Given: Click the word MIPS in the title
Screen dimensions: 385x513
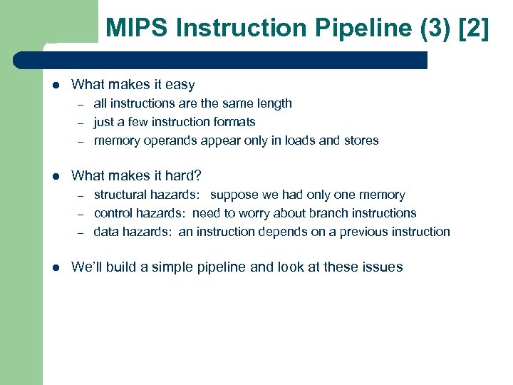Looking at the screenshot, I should (x=136, y=29).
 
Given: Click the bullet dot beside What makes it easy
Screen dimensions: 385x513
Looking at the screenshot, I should (x=56, y=85).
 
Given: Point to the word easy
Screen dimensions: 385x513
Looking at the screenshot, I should (x=180, y=85).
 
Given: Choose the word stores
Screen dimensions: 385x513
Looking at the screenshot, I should (x=361, y=140).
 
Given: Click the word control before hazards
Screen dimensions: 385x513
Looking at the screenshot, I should (x=113, y=213).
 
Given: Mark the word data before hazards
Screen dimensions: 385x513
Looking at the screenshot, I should (x=106, y=232).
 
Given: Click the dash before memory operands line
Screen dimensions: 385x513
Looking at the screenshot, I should (x=81, y=141).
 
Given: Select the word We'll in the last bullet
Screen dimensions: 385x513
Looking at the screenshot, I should (x=87, y=267).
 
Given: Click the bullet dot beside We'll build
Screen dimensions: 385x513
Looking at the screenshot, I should (x=56, y=267).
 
